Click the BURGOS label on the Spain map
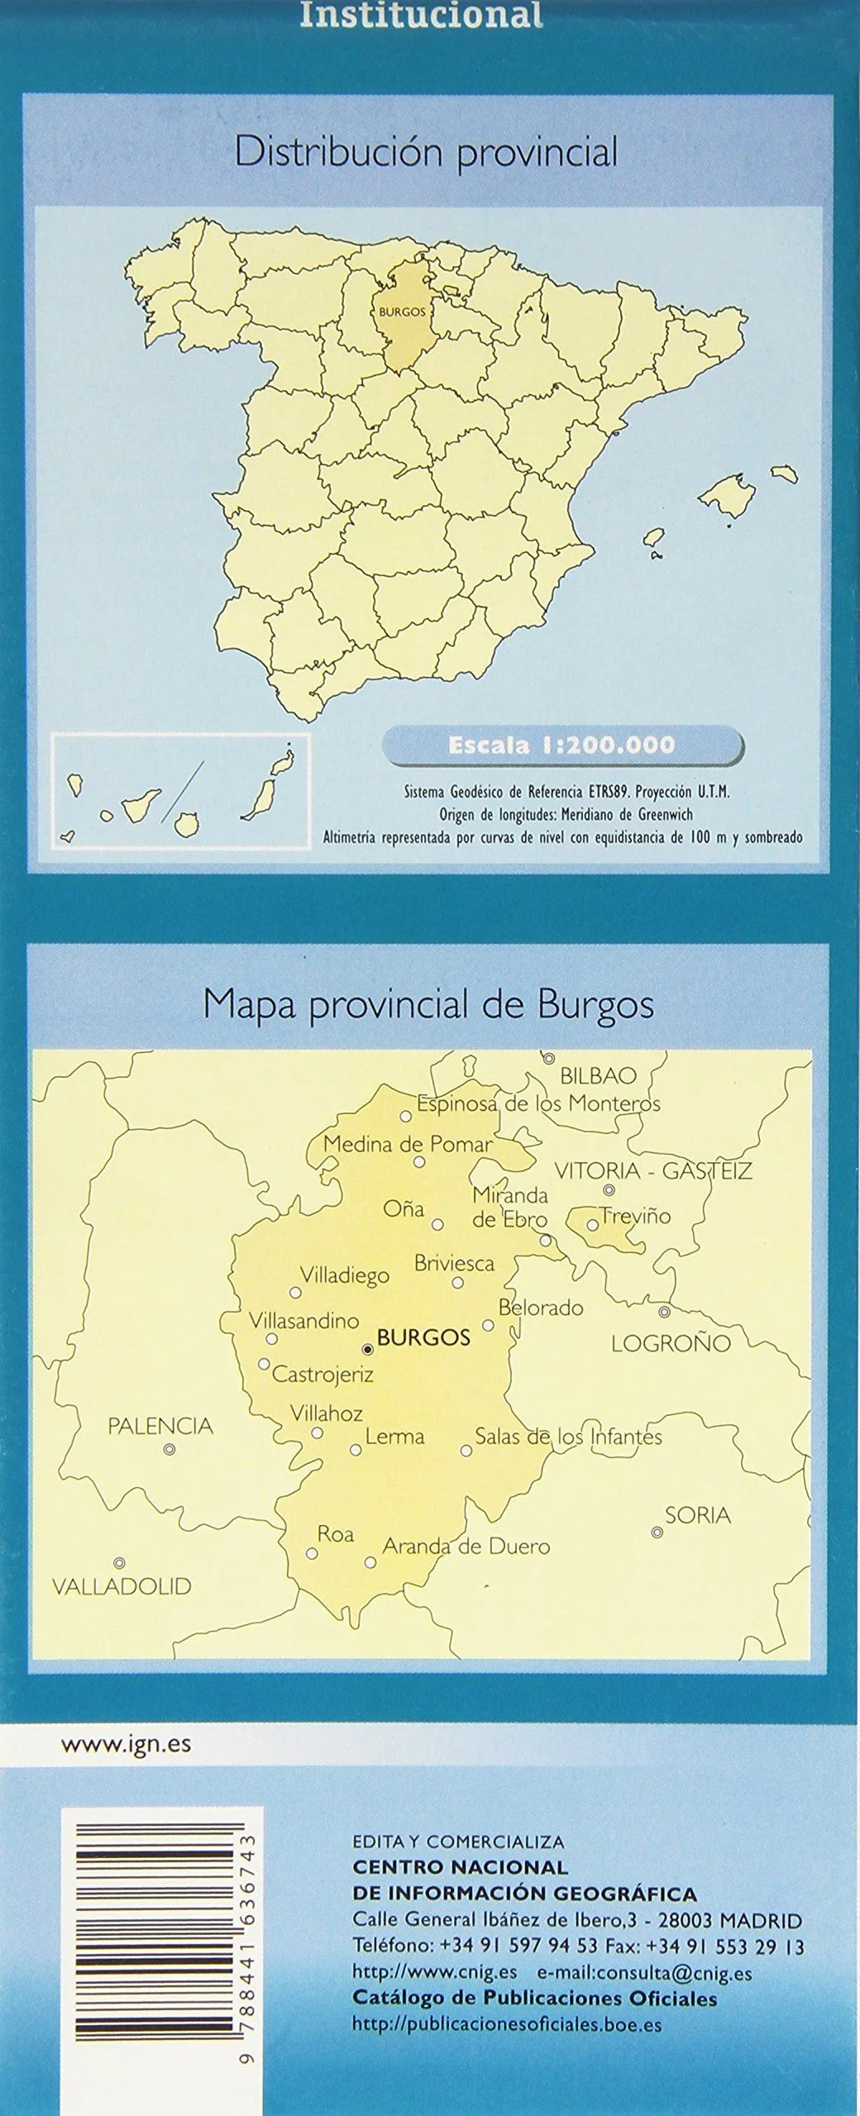(402, 312)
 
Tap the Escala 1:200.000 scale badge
(561, 745)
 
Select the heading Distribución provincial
(426, 153)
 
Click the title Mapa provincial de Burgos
(428, 1005)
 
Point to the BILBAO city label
(599, 1076)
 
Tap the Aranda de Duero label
(466, 1546)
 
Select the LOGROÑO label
(671, 1343)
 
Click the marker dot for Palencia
(170, 1449)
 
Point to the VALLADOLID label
(122, 1586)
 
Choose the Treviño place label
(635, 1216)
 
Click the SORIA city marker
(657, 1509)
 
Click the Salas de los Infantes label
(569, 1437)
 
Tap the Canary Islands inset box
(180, 791)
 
